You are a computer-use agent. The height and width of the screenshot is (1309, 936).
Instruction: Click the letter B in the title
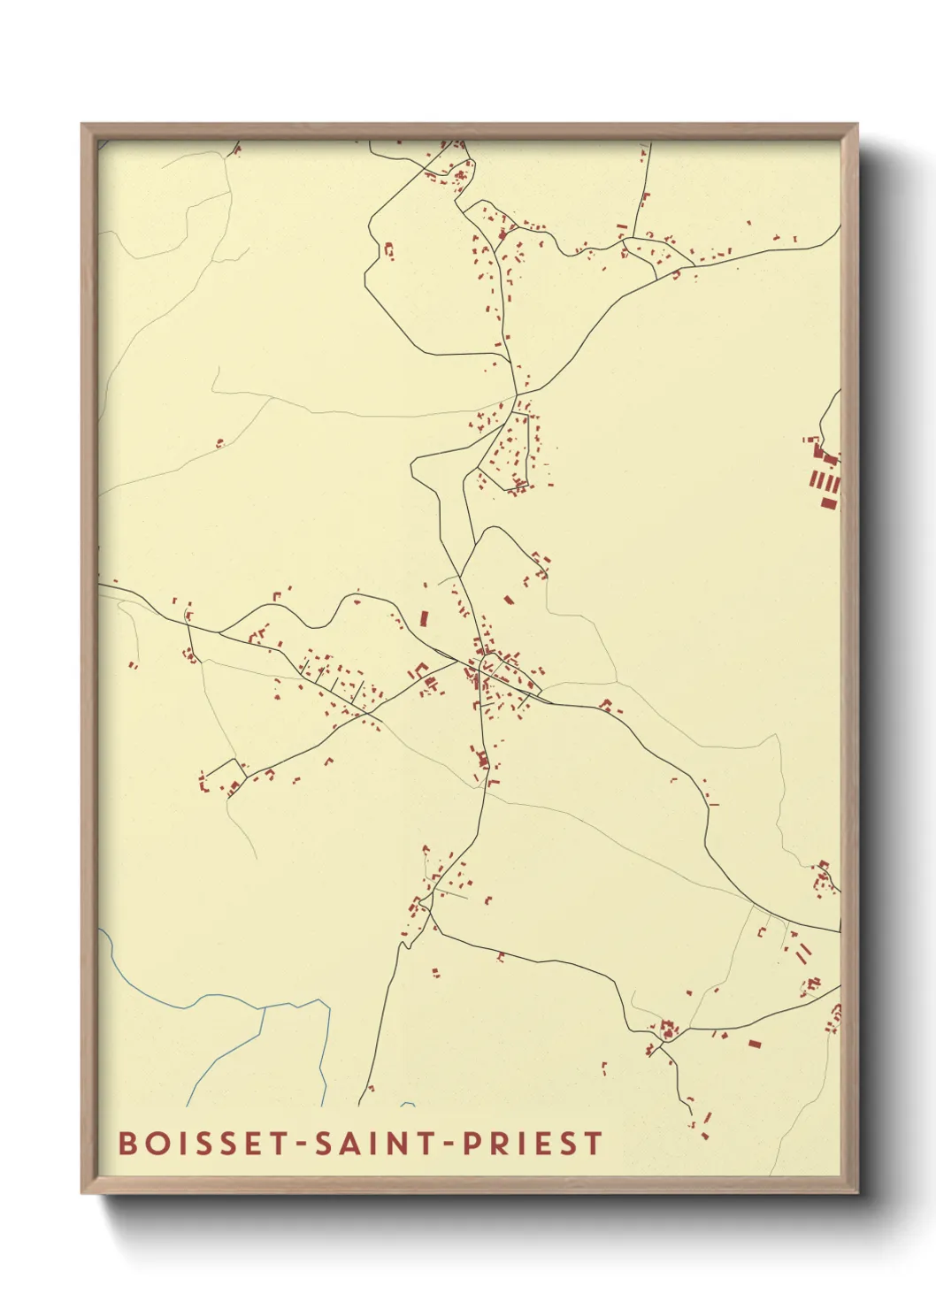(x=127, y=1143)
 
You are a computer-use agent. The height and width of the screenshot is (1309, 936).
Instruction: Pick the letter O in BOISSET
(x=153, y=1143)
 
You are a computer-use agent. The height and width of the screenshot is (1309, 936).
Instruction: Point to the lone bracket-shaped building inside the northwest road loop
(x=387, y=251)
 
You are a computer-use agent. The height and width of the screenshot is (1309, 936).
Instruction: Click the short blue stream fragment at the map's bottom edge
(x=408, y=1105)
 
